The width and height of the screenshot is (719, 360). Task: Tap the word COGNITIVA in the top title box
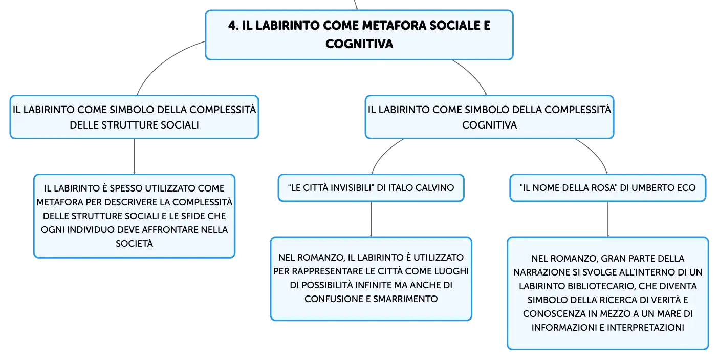pos(359,44)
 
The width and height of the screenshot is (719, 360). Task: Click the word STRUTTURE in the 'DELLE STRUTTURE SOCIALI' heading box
pos(129,125)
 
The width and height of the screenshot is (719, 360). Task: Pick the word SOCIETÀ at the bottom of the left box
pos(134,244)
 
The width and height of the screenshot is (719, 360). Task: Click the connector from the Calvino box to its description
pos(371,219)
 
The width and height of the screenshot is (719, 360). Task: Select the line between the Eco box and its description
pos(608,219)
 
